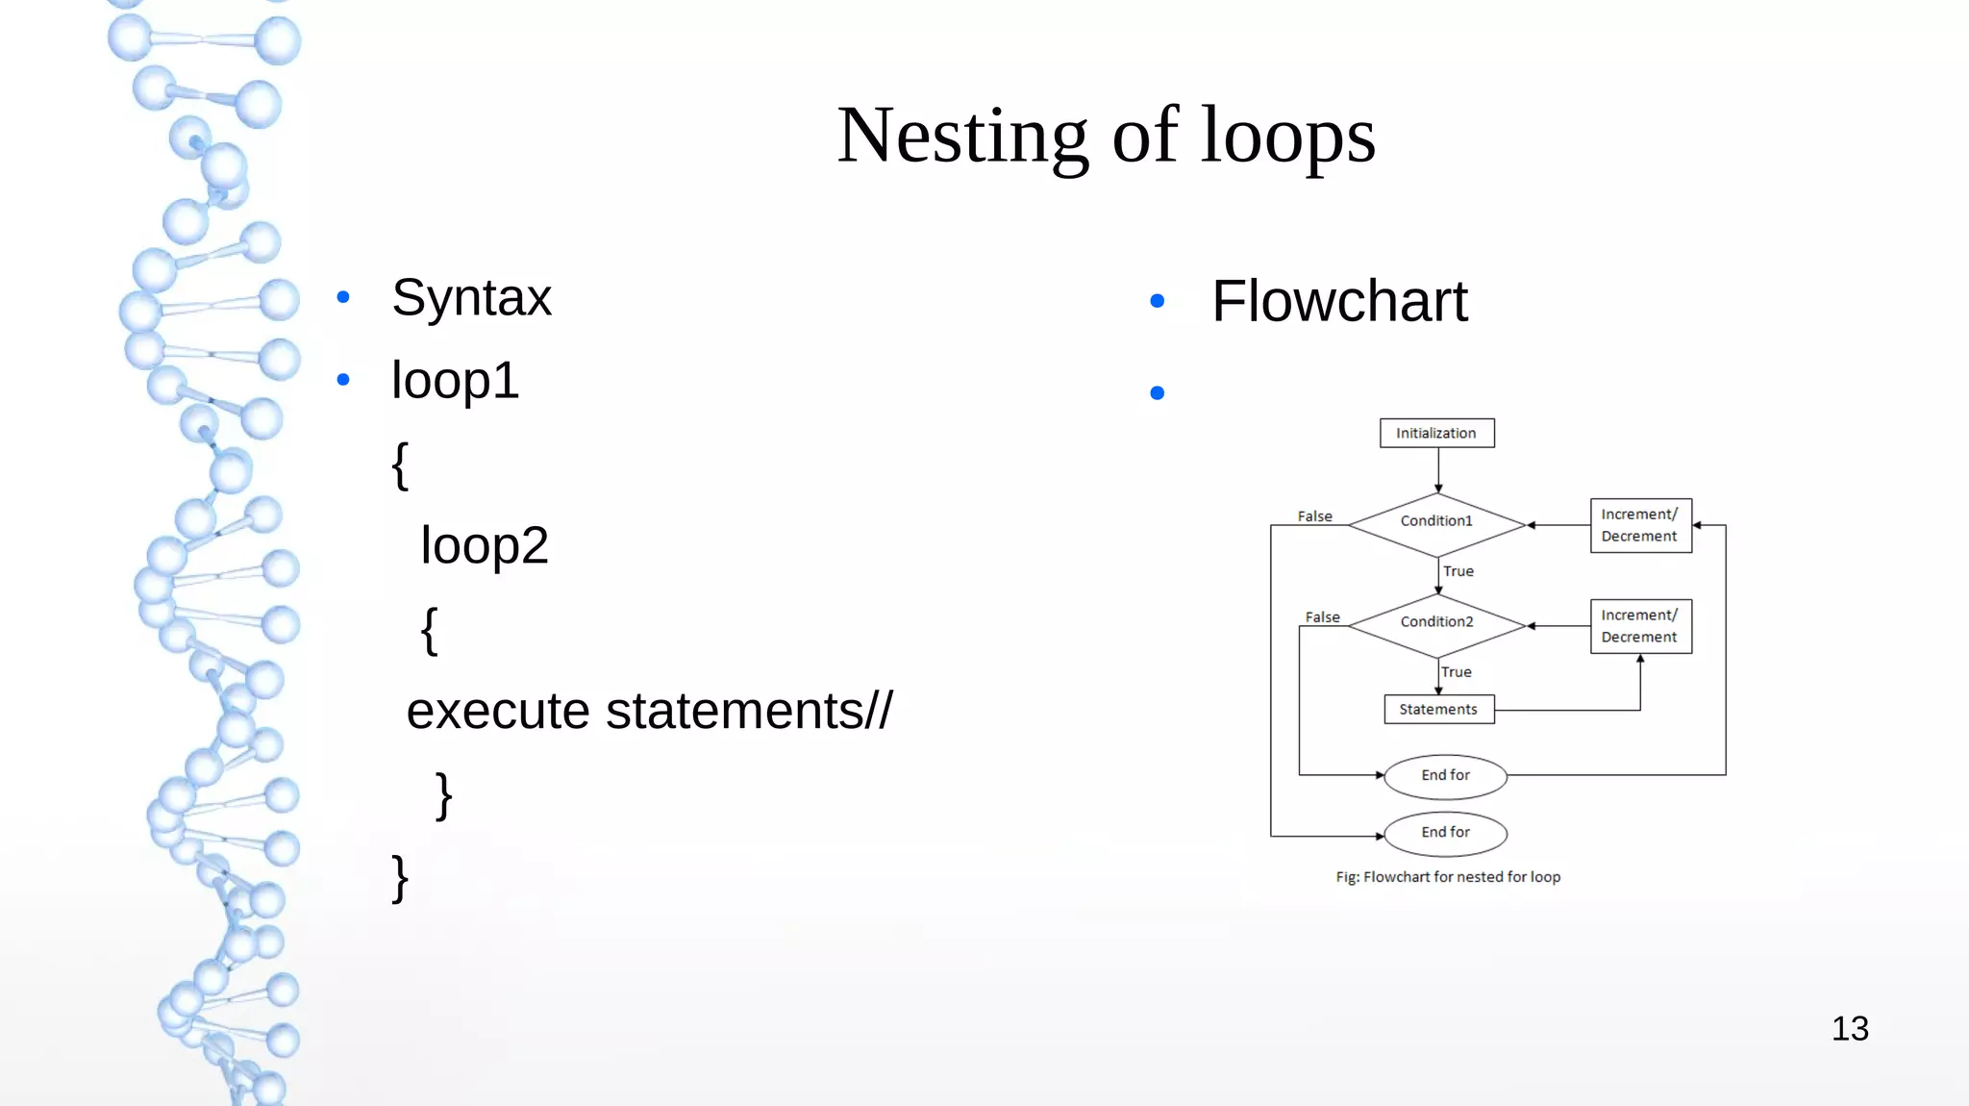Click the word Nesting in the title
point(961,136)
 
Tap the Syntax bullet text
point(471,297)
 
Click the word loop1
point(455,381)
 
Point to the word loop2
point(485,546)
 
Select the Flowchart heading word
point(1339,301)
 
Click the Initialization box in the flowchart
point(1436,433)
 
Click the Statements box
point(1438,709)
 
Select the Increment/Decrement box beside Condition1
point(1640,525)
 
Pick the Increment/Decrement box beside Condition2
point(1640,626)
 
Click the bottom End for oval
point(1445,833)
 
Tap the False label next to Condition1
point(1314,516)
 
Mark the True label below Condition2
point(1456,672)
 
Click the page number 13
point(1850,1029)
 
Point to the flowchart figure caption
point(1447,877)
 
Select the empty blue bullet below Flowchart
point(1158,392)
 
